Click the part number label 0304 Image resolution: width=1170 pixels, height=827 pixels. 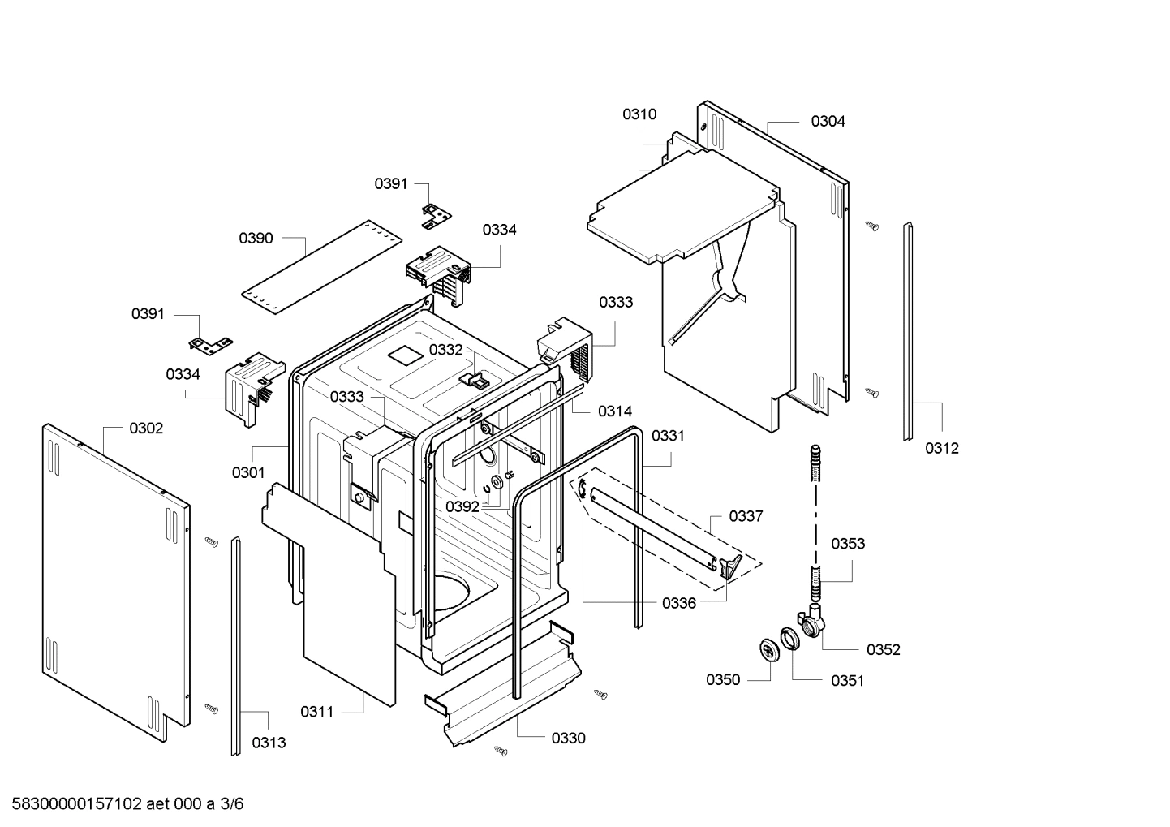[x=828, y=122]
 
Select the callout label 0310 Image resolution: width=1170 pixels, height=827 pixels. [x=639, y=114]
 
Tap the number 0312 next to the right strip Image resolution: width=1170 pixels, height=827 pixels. [x=942, y=448]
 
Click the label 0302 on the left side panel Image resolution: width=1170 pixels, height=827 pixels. [x=146, y=429]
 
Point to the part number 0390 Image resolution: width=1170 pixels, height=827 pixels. [x=256, y=239]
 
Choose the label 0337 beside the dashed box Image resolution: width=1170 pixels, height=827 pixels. [x=746, y=516]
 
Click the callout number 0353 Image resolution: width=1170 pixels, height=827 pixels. [x=848, y=544]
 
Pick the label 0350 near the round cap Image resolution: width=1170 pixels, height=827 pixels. [x=723, y=680]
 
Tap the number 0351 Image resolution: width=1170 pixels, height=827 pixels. [x=847, y=681]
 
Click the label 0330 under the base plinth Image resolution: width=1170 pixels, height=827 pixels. [x=569, y=739]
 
